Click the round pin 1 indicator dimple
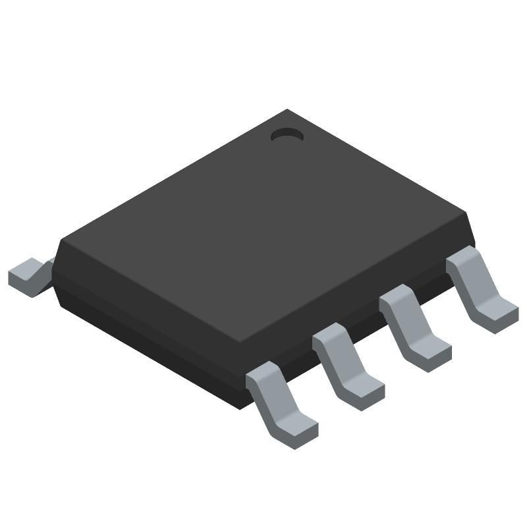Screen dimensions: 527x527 pyautogui.click(x=287, y=136)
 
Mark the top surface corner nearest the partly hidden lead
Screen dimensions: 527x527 pyautogui.click(x=63, y=238)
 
